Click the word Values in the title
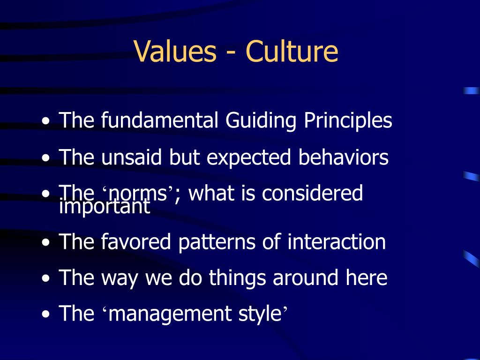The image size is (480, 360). [175, 51]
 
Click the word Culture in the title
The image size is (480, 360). [292, 51]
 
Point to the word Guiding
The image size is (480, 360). [261, 120]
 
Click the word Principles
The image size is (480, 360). [348, 120]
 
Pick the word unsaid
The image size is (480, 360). [131, 157]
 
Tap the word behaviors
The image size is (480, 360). [343, 157]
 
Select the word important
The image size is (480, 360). [105, 207]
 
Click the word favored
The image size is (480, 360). [135, 241]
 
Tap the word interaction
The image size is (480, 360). [337, 241]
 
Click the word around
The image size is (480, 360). [305, 278]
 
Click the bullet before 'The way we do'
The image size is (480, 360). [45, 278]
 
